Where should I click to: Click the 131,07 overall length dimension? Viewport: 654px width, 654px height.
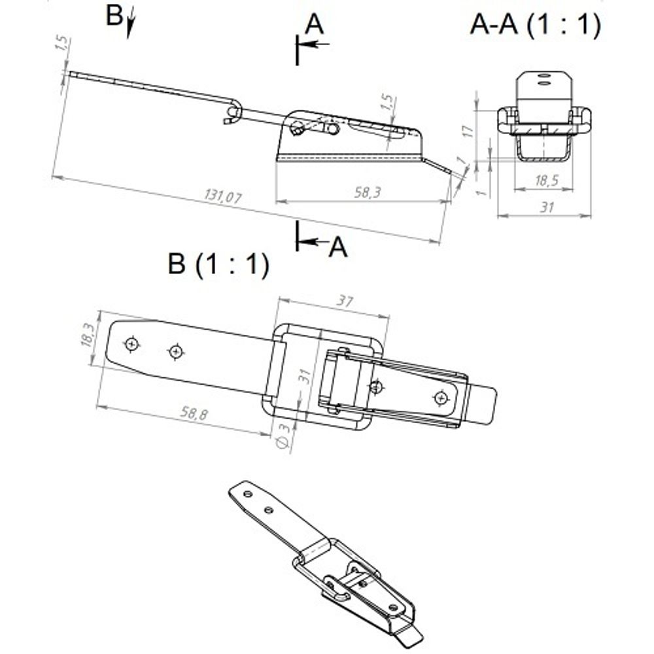[223, 195]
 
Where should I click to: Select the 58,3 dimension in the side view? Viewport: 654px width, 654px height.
[368, 192]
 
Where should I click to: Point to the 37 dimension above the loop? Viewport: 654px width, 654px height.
[345, 300]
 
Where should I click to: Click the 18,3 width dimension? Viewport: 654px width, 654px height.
[87, 334]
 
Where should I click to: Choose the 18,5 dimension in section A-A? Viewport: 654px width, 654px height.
[547, 181]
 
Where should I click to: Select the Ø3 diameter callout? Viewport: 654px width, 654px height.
[283, 436]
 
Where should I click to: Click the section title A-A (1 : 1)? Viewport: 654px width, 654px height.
[536, 25]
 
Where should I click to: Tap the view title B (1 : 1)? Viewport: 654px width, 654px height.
[218, 264]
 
